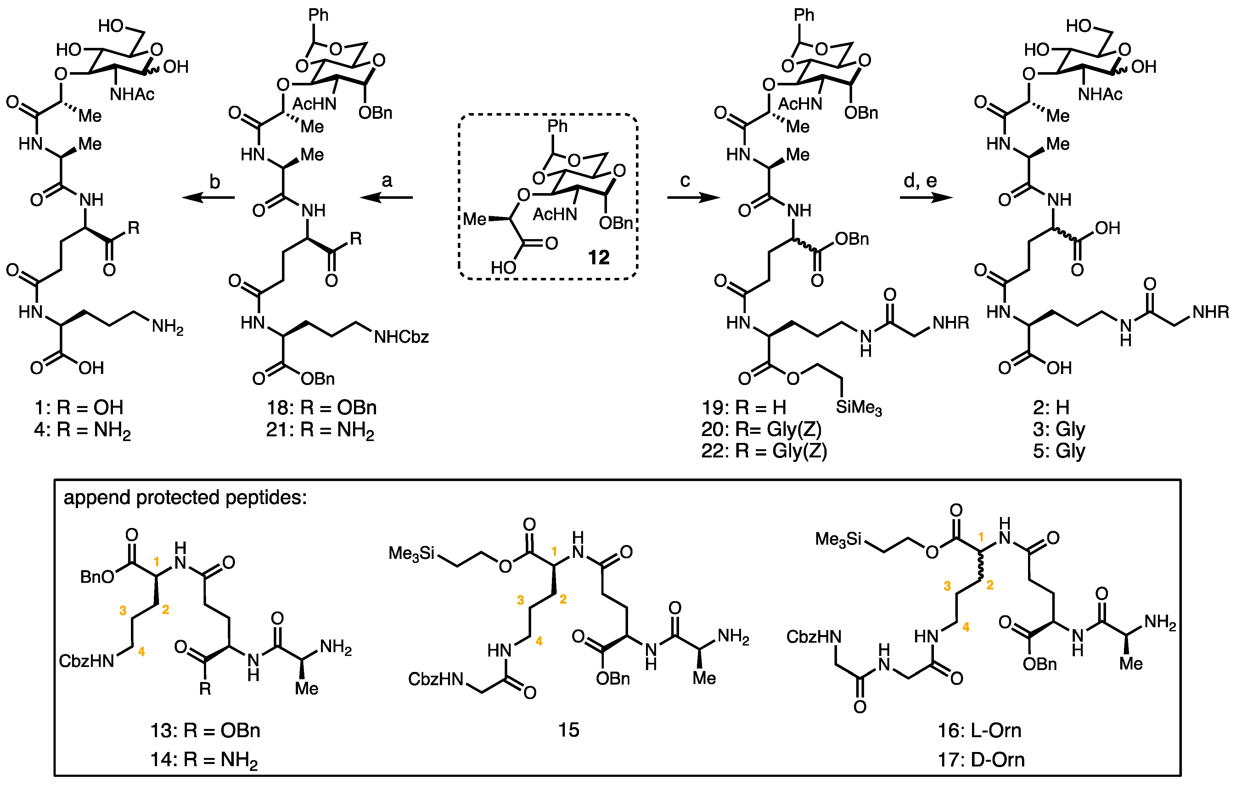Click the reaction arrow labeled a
(386, 197)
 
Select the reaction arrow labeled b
(208, 197)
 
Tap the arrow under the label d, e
(926, 197)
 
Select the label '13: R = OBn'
(205, 730)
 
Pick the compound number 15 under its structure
(569, 730)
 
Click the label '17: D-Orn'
(981, 759)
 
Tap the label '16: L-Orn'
(979, 730)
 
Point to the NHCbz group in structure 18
(402, 337)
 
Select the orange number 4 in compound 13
(142, 651)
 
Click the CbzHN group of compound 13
(86, 661)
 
